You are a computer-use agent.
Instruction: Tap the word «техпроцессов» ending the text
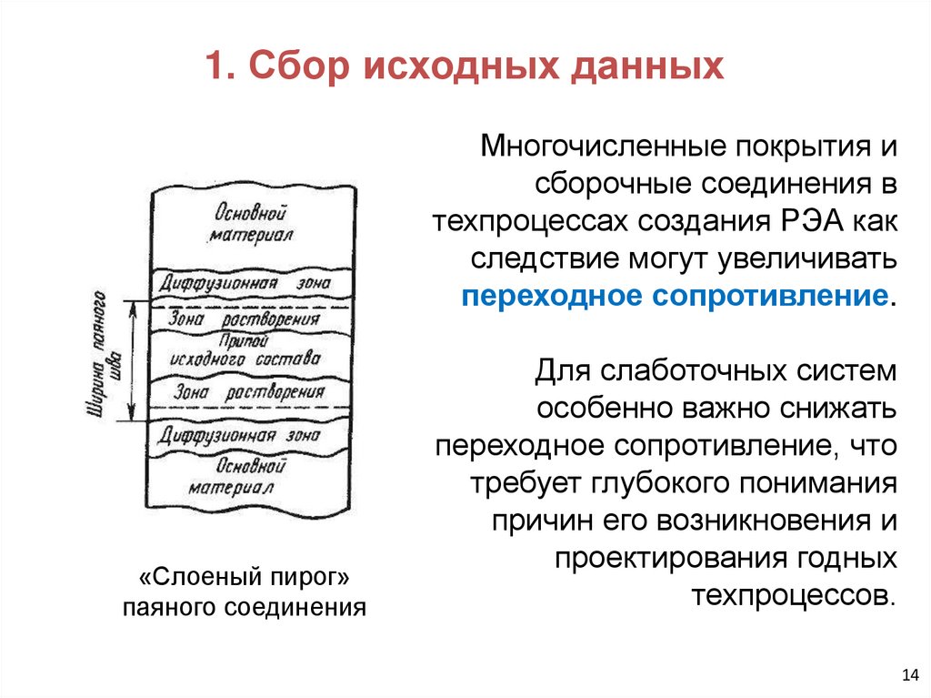[793, 596]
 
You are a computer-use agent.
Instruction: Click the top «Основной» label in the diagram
[250, 215]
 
